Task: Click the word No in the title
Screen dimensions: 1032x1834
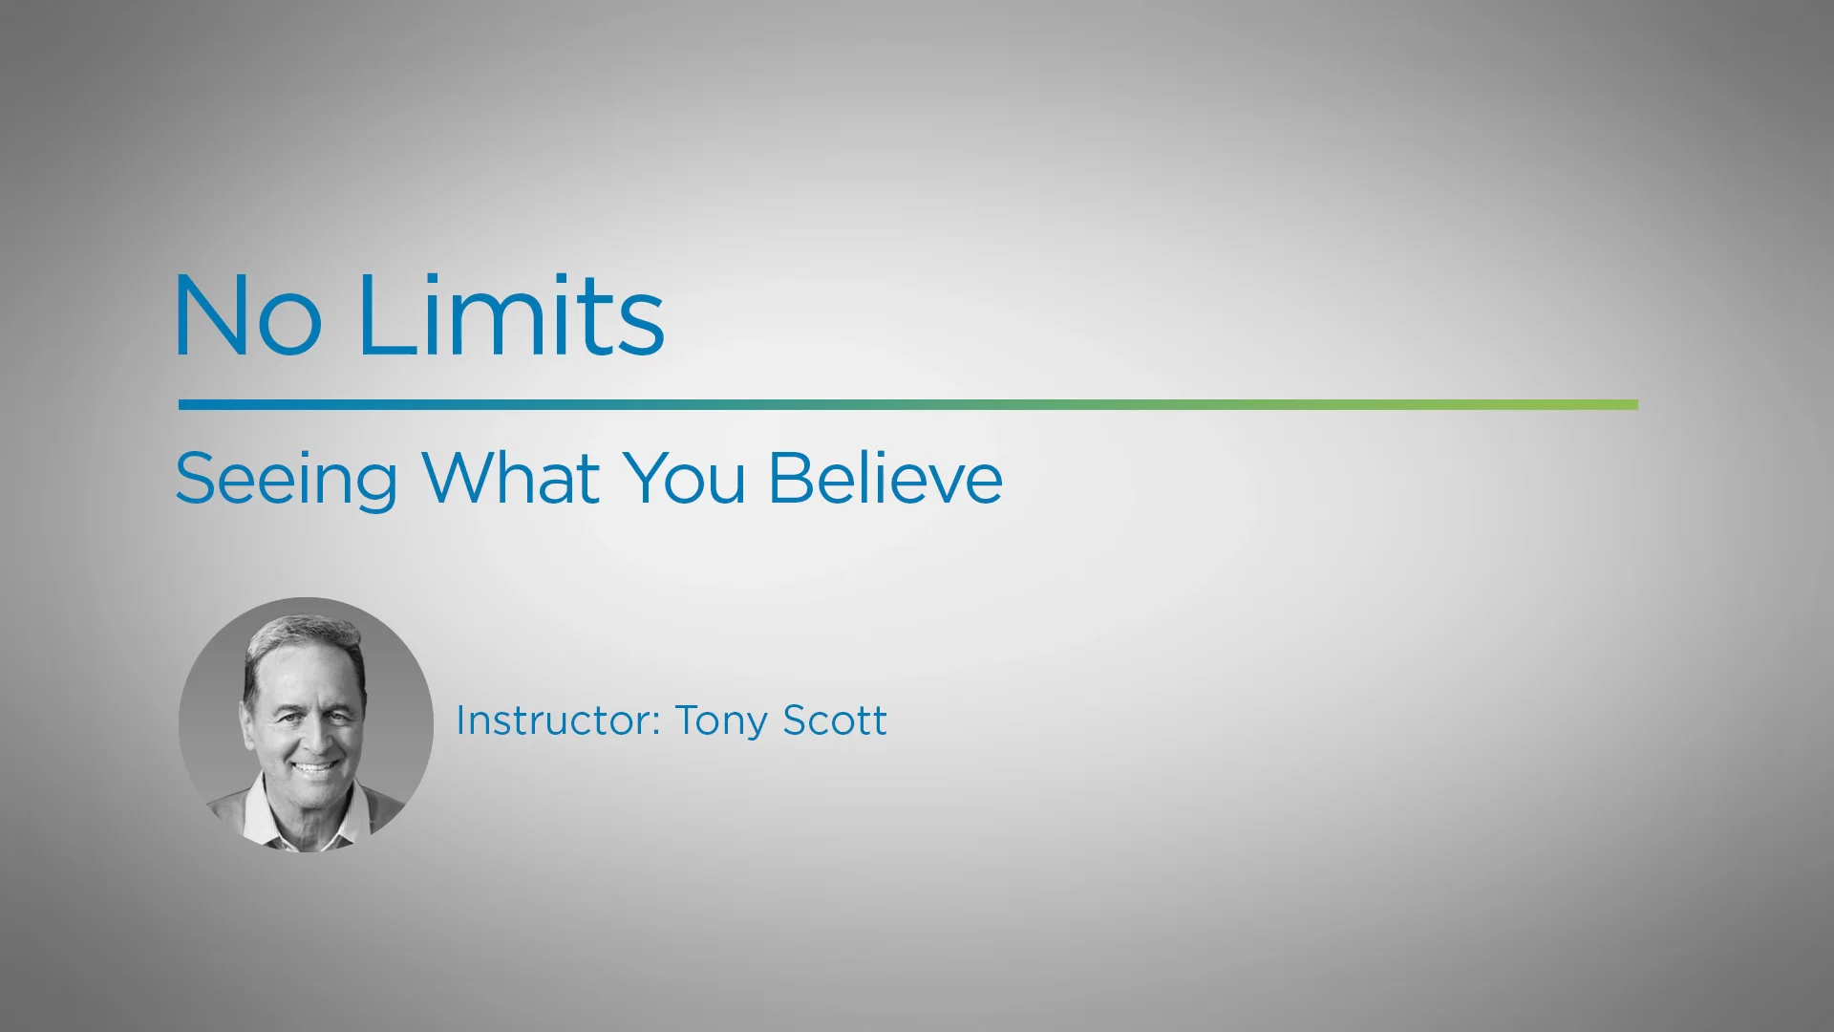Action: [247, 315]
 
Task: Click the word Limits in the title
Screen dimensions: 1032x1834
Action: [511, 315]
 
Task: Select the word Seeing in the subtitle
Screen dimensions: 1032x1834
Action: [286, 479]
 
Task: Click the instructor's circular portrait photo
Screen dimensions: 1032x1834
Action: [306, 724]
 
